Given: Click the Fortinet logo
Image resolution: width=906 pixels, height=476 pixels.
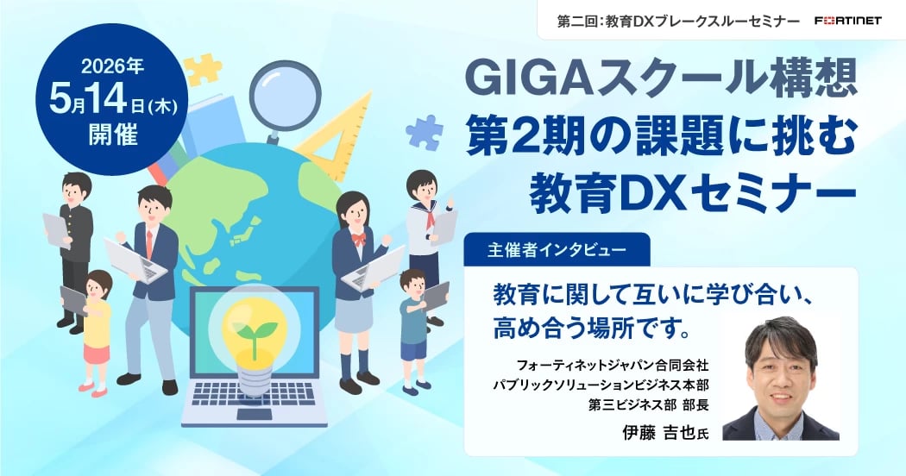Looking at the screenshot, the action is (848, 21).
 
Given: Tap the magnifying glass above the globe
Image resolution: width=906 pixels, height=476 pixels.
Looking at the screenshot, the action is (285, 96).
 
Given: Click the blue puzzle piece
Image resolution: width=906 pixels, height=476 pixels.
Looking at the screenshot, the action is (425, 132).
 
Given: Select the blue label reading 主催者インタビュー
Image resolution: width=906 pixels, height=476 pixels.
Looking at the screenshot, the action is (557, 250).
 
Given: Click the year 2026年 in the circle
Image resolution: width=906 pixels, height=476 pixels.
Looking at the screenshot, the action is (112, 67).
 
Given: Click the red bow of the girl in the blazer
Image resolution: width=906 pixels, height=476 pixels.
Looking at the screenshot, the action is (359, 238).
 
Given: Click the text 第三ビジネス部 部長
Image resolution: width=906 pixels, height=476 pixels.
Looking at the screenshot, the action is (648, 404).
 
